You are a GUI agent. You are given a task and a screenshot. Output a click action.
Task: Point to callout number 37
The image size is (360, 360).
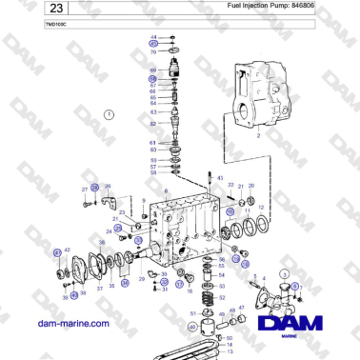pos(99,288)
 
